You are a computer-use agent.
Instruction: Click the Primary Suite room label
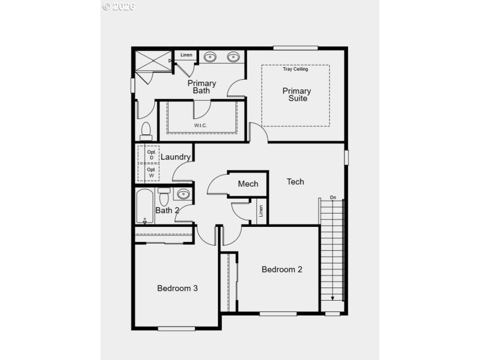tap(296, 95)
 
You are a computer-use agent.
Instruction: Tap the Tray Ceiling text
tap(295, 69)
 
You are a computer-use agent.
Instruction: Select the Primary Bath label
tap(202, 87)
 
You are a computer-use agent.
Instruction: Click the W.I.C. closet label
tap(200, 125)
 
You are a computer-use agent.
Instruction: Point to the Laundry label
tap(176, 157)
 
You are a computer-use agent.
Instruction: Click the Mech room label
tap(248, 184)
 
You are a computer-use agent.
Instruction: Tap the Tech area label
tap(295, 181)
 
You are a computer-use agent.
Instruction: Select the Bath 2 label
tap(167, 210)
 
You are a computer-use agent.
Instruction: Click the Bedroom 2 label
tap(282, 269)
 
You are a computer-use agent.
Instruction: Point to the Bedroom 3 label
tap(178, 288)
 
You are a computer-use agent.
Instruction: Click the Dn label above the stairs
tap(333, 197)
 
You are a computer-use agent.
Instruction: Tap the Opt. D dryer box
tap(151, 155)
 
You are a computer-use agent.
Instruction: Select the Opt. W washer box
tap(151, 172)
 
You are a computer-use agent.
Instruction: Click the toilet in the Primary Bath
tap(145, 130)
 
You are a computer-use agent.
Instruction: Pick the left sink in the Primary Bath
tap(211, 58)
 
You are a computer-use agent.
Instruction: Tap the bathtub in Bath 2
tap(145, 206)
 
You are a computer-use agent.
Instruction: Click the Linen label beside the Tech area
tap(261, 211)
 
